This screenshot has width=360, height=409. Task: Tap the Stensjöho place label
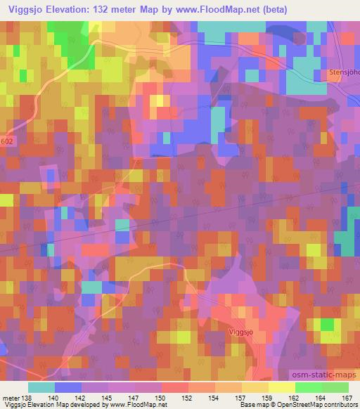point(344,72)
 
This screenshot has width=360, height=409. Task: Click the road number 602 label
point(6,141)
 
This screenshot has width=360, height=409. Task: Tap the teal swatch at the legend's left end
point(41,387)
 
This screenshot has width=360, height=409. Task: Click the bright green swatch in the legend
point(309,387)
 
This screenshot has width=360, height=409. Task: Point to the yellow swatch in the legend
point(282,387)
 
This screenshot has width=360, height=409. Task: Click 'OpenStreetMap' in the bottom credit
point(316,405)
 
